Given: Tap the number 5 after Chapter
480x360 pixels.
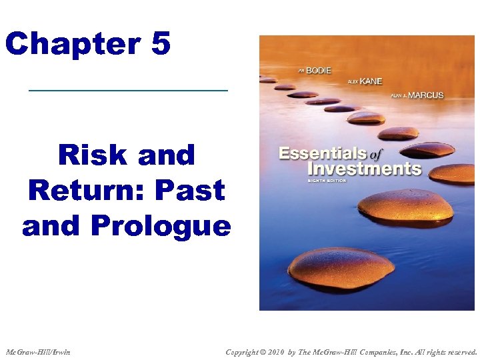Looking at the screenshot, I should tap(161, 45).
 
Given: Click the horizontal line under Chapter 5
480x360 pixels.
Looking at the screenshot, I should tap(128, 90).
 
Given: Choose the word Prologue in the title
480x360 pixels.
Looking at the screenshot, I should tap(161, 226).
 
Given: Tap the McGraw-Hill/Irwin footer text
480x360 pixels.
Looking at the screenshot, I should tap(38, 351).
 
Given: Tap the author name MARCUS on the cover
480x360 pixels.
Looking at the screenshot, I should tap(426, 95).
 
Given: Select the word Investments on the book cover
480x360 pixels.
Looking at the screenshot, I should tap(364, 169).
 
